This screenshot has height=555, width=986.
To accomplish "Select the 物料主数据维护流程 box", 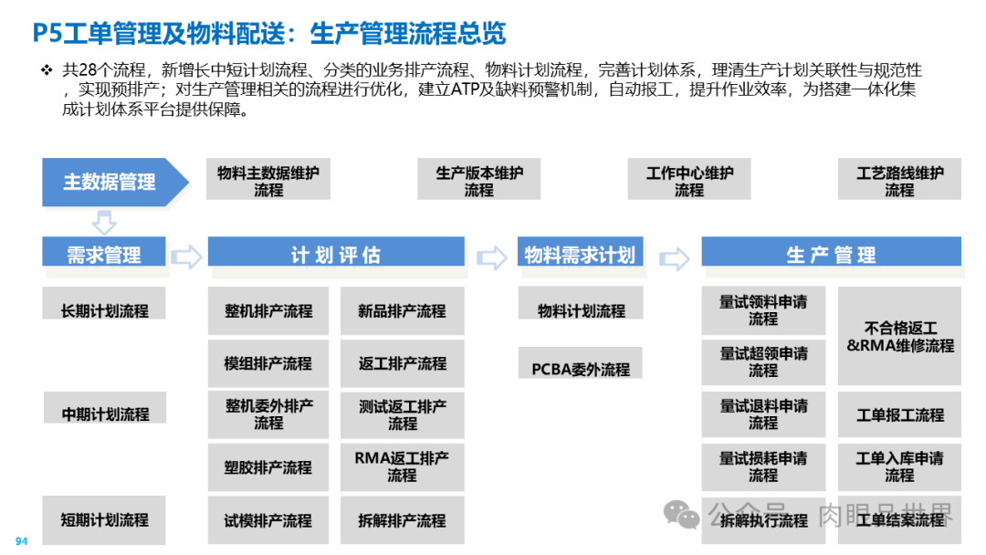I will [x=268, y=181].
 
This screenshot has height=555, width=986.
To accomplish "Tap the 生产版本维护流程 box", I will [x=478, y=181].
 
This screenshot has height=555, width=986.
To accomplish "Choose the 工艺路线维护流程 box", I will [x=899, y=181].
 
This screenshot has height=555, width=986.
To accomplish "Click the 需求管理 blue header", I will [x=104, y=254].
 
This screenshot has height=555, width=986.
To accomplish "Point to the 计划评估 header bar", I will [x=336, y=255].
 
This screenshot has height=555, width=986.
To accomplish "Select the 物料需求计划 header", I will [x=580, y=255].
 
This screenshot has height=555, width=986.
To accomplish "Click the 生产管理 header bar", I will [x=831, y=255].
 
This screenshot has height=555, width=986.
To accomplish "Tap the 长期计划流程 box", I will [x=104, y=310].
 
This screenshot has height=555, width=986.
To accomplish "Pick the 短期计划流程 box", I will [x=104, y=519].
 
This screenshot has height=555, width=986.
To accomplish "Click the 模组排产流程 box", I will [x=268, y=362].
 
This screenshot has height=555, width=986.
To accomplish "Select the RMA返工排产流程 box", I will [x=402, y=466].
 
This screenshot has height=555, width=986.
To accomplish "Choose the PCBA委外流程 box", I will [x=581, y=369].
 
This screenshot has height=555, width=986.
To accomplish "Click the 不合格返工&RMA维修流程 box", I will [x=899, y=336].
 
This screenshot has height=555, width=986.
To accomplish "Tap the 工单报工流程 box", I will [x=899, y=414].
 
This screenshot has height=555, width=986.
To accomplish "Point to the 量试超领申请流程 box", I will [x=763, y=362].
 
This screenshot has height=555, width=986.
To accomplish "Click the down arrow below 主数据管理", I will [x=105, y=222].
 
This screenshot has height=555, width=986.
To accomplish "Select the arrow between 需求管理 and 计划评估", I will [x=186, y=257].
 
